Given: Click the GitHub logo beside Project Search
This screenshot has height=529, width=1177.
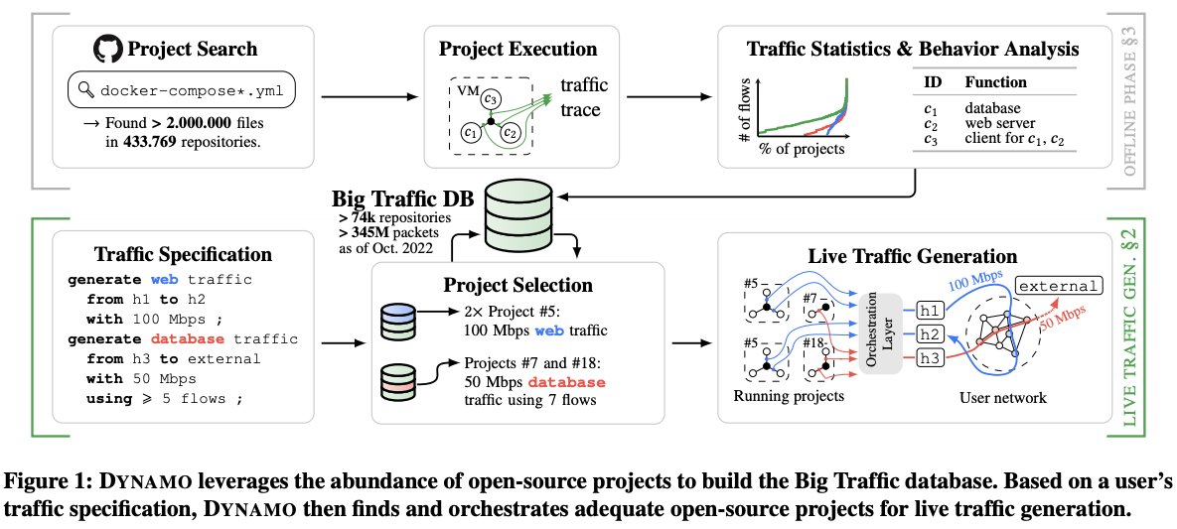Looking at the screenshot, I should click(107, 49).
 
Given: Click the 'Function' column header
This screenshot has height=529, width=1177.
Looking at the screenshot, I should click(996, 82).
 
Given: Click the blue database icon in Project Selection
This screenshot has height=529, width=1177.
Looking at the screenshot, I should click(401, 320).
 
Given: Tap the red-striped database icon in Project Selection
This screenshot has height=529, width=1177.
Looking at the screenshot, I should click(401, 382).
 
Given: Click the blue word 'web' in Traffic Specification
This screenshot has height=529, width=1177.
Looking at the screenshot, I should click(169, 280).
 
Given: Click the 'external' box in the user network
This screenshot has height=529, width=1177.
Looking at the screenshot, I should click(1060, 287).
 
